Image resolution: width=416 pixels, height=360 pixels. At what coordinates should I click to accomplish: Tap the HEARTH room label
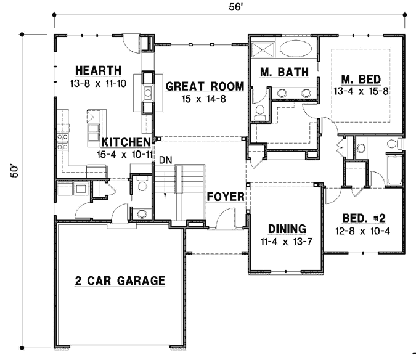pos(98,69)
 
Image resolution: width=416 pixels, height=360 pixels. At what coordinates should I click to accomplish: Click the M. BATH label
pos(283,73)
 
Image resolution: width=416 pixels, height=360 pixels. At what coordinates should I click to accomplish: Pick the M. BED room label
pos(361,79)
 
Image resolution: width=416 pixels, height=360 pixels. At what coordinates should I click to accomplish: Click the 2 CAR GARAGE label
pos(120,281)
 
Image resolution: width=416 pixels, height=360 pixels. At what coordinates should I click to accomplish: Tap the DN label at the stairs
pos(164,160)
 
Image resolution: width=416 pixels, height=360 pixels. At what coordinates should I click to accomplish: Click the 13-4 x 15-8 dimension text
pos(361,92)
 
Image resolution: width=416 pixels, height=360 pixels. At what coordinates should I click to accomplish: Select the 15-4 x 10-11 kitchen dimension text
pos(124,155)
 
